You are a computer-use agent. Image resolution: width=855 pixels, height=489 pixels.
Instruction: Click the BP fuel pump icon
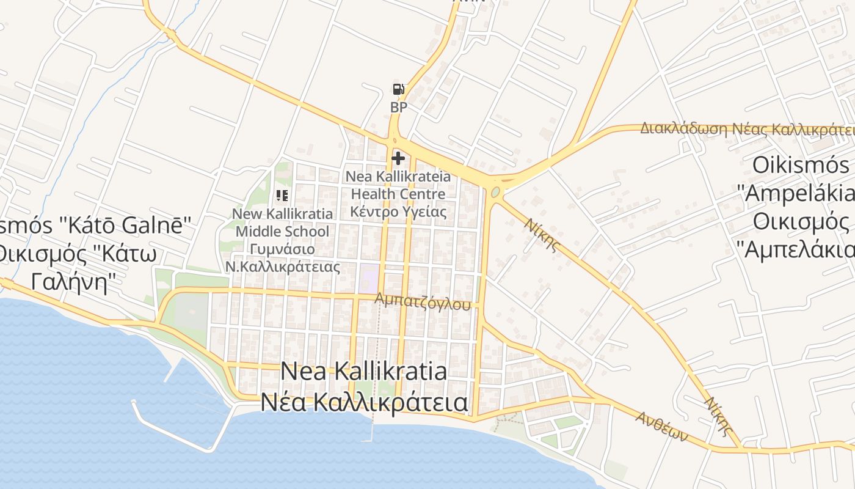click(398, 90)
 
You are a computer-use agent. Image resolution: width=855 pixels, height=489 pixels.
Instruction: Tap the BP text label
click(398, 108)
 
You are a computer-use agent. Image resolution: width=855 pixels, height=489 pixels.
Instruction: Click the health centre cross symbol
click(398, 159)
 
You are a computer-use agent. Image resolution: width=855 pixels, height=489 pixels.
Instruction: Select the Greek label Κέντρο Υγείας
click(398, 211)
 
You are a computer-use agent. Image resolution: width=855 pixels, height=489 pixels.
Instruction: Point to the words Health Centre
click(398, 194)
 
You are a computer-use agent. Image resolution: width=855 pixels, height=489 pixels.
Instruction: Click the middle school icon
click(282, 196)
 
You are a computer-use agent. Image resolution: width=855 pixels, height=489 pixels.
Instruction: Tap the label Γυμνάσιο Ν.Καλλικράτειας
click(282, 258)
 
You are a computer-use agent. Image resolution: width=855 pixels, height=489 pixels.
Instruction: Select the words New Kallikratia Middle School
click(282, 222)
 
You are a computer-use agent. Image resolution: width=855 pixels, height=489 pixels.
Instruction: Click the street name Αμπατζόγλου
click(423, 301)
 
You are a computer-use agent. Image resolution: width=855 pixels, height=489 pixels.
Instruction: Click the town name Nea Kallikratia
click(364, 372)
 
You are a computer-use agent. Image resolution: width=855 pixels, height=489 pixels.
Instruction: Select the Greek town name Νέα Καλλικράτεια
click(364, 402)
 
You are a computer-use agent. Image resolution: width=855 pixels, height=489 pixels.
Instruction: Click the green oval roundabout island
click(495, 193)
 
